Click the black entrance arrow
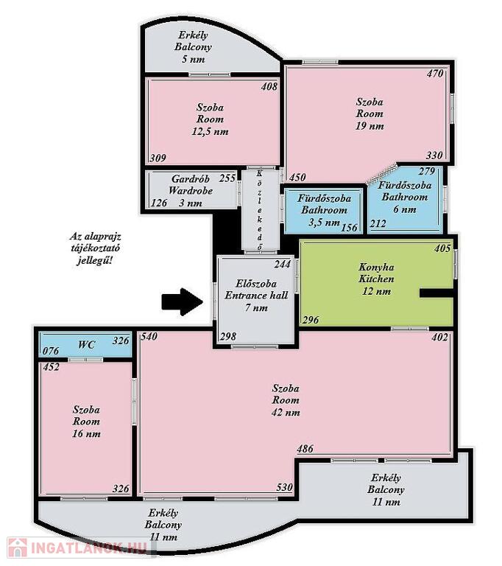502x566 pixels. click(182, 301)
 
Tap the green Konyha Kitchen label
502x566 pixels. click(376, 279)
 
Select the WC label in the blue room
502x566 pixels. click(87, 345)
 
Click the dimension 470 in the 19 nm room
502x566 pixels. click(434, 74)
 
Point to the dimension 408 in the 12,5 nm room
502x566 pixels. click(269, 86)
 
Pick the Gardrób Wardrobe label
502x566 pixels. click(191, 191)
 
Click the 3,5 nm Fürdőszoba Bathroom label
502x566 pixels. click(324, 210)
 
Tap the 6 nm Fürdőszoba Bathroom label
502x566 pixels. click(405, 197)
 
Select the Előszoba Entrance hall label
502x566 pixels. click(256, 296)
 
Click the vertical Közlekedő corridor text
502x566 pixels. click(260, 210)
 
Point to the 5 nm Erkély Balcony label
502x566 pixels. click(193, 47)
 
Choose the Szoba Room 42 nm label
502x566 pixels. click(286, 400)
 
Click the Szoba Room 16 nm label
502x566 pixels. click(86, 422)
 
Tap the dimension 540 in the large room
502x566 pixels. click(149, 336)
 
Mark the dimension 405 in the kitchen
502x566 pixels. click(442, 248)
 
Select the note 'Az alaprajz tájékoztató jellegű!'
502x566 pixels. click(95, 248)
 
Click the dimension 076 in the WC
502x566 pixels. click(51, 351)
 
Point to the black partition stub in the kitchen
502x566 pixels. click(436, 293)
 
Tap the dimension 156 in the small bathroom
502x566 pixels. click(349, 228)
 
